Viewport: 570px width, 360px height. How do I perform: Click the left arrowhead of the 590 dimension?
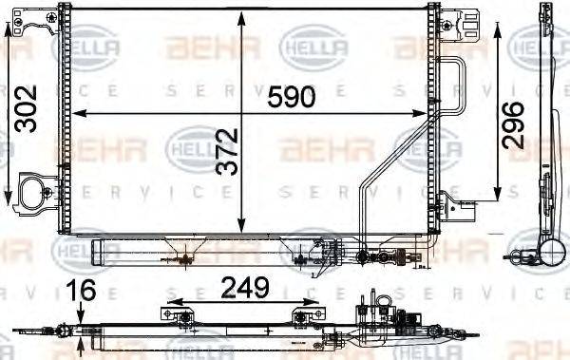point(78,114)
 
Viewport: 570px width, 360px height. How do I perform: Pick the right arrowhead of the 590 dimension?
point(423,114)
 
